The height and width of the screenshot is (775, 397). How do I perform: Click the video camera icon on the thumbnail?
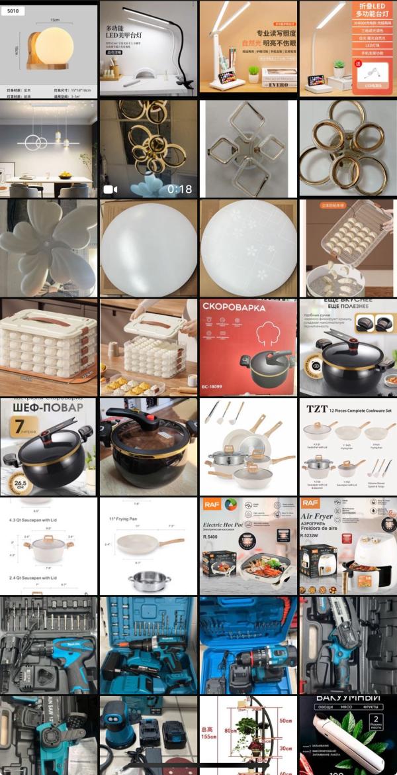(x=110, y=189)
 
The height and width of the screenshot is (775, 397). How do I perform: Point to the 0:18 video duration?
(x=179, y=189)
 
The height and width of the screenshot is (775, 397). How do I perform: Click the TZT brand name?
(x=317, y=409)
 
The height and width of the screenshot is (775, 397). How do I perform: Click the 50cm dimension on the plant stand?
(x=285, y=720)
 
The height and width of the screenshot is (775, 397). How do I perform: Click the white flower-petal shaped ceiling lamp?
(x=50, y=246)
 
